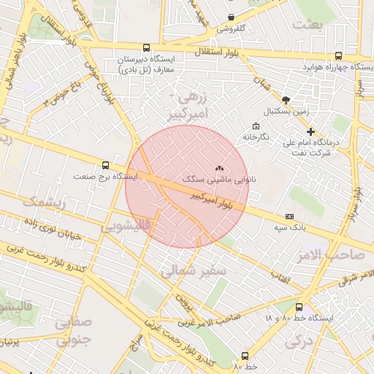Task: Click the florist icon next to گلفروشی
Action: click(x=232, y=17)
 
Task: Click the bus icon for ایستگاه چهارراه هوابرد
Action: click(x=337, y=56)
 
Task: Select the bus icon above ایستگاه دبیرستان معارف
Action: click(x=147, y=47)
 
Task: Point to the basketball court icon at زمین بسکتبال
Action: click(x=285, y=100)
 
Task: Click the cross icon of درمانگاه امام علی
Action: click(x=311, y=132)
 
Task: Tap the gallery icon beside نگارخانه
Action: click(x=255, y=126)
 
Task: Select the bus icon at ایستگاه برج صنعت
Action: click(x=106, y=165)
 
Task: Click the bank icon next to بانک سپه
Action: click(x=290, y=216)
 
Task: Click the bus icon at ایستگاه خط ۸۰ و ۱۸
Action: click(x=299, y=308)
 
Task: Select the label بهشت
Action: click(x=307, y=25)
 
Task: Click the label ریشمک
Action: click(x=45, y=202)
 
